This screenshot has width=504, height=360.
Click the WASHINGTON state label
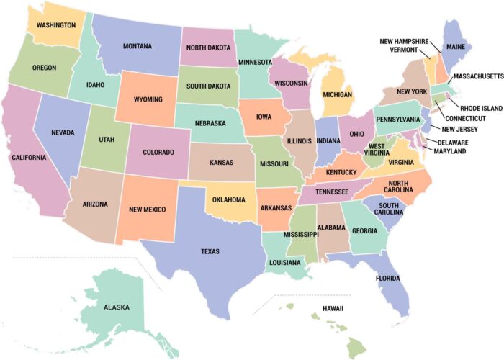[55, 24]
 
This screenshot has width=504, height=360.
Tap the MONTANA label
[137, 46]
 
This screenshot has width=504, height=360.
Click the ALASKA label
[116, 307]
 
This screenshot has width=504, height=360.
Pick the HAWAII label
[333, 308]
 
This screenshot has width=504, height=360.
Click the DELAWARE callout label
[452, 142]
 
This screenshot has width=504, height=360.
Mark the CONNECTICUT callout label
[465, 118]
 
